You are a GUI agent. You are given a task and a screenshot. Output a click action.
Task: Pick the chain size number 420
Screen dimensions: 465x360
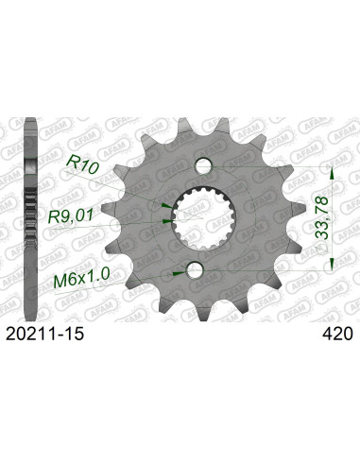337,334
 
